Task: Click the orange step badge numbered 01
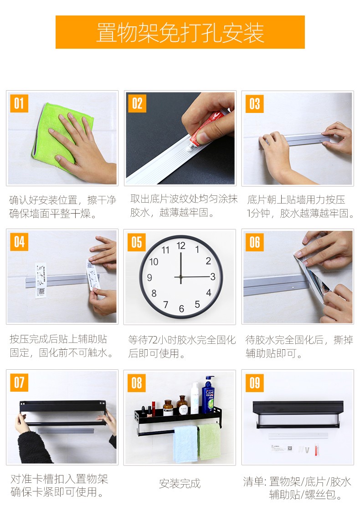19,104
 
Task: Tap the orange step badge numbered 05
136,242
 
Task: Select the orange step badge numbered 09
255,383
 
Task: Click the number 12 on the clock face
181,245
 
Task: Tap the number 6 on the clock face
181,309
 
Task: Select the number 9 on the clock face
149,277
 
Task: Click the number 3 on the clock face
212,277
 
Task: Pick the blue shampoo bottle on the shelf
208,394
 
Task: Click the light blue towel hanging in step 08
185,444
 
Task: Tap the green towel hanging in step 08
209,441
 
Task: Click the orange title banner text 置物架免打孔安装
180,33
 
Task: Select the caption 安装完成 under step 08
180,483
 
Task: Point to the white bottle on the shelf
195,398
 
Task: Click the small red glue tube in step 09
317,449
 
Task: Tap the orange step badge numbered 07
19,383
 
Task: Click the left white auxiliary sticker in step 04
41,280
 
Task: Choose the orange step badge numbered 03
255,104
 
